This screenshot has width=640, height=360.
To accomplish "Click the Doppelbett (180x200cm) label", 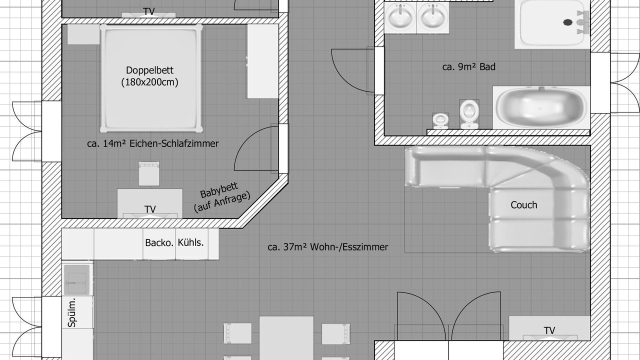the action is point(149,76).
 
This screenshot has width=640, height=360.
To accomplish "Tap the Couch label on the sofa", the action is point(523,205).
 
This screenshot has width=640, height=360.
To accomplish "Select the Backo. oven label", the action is point(159,243).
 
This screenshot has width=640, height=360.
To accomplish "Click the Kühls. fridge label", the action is point(190,242).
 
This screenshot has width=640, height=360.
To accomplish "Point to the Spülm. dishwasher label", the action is point(71,312).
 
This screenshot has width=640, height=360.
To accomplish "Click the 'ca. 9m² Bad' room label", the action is point(469,67).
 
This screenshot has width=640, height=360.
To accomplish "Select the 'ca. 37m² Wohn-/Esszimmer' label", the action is point(327,247).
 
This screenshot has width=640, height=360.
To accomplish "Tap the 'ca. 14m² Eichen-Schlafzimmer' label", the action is point(153,143).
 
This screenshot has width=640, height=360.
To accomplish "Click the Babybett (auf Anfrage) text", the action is point(221,197).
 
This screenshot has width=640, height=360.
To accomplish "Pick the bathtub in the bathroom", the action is point(541,108).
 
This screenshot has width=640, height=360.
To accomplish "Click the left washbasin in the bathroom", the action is point(400,17).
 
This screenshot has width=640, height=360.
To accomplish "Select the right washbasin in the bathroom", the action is point(432,17).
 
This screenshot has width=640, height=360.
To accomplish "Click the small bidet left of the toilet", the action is point(440,121).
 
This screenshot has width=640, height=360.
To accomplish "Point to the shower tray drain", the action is point(567,22).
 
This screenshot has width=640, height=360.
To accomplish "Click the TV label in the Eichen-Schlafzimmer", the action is point(150,209).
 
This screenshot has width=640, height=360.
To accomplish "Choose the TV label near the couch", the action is point(549,330).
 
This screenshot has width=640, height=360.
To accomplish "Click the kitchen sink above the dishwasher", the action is point(77,279).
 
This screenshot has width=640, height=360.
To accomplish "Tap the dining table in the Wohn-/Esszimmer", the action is point(286,338).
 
